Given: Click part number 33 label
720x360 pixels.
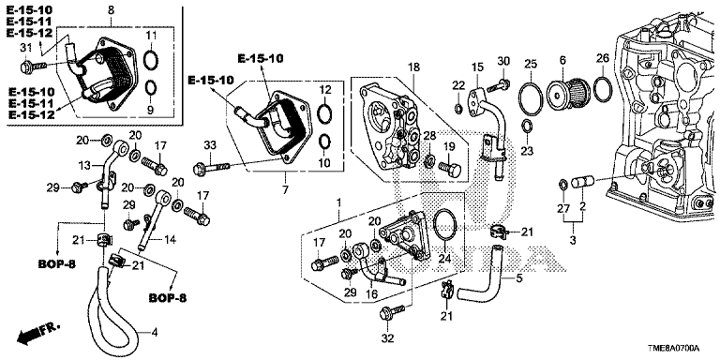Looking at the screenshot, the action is tap(210, 145).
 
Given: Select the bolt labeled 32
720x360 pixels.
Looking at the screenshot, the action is tap(391, 312).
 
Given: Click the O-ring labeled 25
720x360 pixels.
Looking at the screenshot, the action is tap(531, 97).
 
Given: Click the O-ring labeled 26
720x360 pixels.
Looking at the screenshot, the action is tap(603, 89).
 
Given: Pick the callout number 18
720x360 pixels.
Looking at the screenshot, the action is tap(413, 67).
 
